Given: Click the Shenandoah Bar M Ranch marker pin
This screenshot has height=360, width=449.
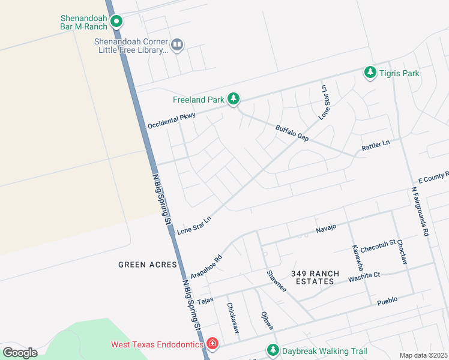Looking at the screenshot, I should click(x=118, y=23).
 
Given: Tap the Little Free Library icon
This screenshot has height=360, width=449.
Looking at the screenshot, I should click(x=177, y=44).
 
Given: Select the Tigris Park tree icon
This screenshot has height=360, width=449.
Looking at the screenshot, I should click(x=370, y=73).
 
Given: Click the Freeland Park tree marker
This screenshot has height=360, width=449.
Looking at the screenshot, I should click(x=234, y=100).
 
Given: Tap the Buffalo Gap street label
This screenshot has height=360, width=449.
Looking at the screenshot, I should click(x=292, y=133).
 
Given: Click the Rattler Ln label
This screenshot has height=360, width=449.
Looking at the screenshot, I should click(x=375, y=145).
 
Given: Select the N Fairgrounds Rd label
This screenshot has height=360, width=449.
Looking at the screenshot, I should click(x=420, y=211).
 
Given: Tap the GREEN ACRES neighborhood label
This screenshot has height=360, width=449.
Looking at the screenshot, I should click(x=148, y=264).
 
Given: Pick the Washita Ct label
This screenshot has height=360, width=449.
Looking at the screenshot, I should click(x=364, y=275).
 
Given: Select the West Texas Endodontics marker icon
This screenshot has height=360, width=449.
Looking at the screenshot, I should click(x=212, y=344).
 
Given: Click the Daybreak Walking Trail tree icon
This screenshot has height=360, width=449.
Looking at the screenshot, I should click(x=273, y=350).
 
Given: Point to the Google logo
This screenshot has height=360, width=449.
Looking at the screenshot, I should click(x=20, y=352).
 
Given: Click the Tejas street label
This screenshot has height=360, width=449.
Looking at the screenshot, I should click(x=205, y=301).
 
